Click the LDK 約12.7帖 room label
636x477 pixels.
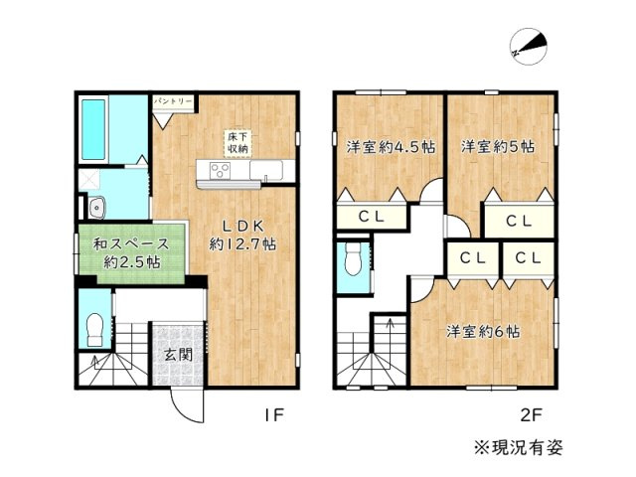click(x=241, y=235)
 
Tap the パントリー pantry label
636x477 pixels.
click(x=173, y=101)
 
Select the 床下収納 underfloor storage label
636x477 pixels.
click(x=237, y=141)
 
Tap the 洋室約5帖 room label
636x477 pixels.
click(x=498, y=147)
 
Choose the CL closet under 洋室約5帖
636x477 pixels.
click(x=517, y=221)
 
